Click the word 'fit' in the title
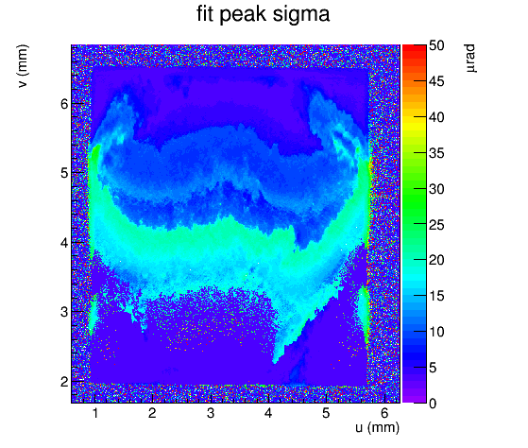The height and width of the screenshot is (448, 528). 205,14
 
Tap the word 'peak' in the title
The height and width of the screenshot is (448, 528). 243,15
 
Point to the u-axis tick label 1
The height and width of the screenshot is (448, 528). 95,413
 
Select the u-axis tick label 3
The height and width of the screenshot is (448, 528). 211,413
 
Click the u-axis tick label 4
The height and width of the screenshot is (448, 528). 268,413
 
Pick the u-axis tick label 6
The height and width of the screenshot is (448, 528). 384,413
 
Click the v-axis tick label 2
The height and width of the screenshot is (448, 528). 64,382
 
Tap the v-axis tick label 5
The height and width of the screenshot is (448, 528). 64,173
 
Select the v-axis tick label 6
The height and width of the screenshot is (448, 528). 64,104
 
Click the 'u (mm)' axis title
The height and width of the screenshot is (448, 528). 378,428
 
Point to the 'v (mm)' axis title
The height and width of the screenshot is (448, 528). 23,66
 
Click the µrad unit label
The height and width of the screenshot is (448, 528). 470,59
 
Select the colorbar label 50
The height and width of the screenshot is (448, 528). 436,45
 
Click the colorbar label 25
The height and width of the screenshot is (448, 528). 436,225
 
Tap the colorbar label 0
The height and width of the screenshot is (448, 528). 433,404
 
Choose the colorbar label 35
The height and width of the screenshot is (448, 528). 436,153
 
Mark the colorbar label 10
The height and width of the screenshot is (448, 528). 436,332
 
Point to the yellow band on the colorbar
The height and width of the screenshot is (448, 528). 415,124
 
